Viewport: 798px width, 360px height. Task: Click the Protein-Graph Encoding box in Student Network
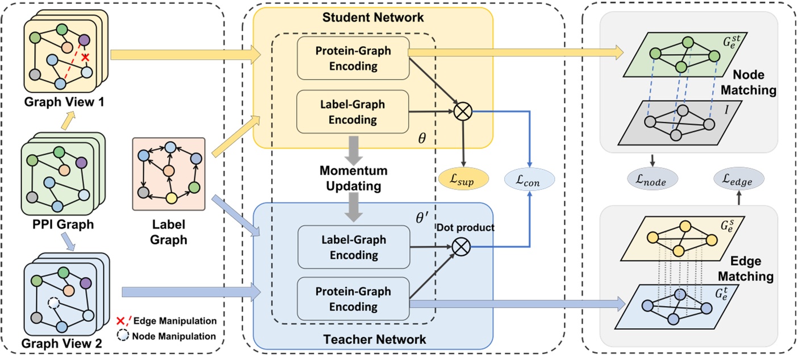tap(353, 58)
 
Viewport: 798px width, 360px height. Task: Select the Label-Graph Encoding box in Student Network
tap(353, 112)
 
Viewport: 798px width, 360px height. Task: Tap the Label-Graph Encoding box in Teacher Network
tap(353, 247)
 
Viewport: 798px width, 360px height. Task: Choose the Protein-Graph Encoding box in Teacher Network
tap(353, 299)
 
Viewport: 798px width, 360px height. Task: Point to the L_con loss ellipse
tap(529, 180)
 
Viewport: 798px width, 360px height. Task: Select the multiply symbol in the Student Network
tap(464, 110)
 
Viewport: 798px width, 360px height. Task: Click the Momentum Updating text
tap(353, 177)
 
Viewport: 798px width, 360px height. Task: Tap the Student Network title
tap(373, 18)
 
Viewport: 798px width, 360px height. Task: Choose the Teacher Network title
tap(374, 340)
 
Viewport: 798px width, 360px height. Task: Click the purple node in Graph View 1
tap(85, 40)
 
